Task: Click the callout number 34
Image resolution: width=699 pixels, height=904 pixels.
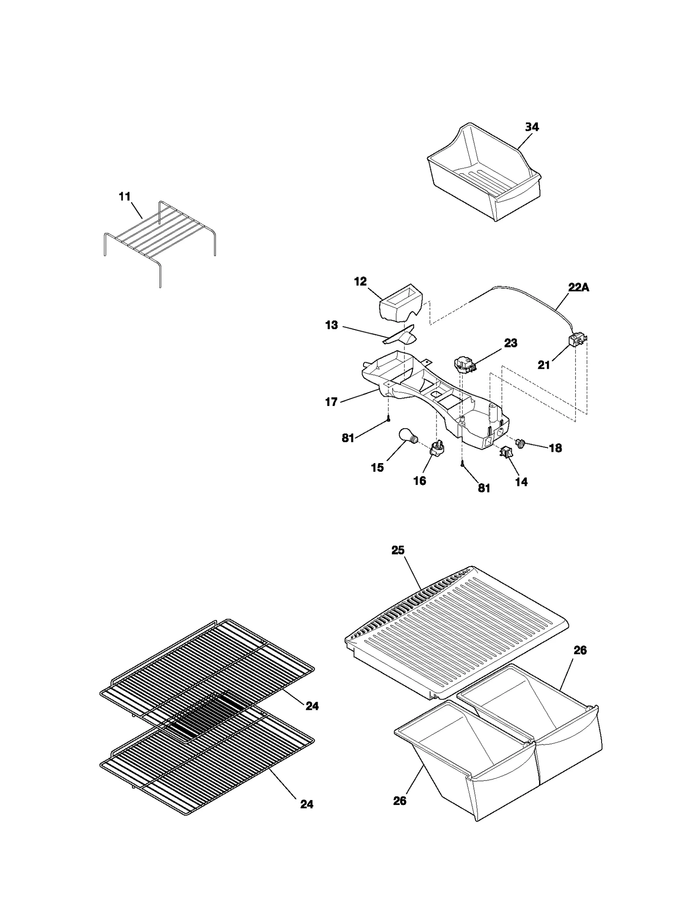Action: click(x=531, y=127)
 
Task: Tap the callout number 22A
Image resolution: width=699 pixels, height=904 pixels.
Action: click(x=578, y=288)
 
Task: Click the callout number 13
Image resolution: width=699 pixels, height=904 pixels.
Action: click(x=332, y=325)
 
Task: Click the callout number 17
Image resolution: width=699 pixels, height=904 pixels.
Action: click(x=331, y=402)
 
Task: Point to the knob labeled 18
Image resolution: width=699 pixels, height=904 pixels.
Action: click(x=520, y=443)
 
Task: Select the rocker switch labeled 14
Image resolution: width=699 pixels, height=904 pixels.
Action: click(x=506, y=453)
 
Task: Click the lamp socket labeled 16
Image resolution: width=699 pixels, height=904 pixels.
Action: click(x=436, y=448)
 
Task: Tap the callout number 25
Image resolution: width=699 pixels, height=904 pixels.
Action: click(x=398, y=550)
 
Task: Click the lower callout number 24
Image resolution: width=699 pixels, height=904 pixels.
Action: click(x=307, y=804)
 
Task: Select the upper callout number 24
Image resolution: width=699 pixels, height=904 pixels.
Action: click(x=312, y=706)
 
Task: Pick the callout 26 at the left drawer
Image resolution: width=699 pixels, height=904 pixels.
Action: click(x=399, y=801)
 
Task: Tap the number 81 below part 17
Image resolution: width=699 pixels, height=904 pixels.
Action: click(x=348, y=438)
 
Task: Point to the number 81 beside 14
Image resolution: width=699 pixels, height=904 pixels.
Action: click(x=484, y=488)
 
